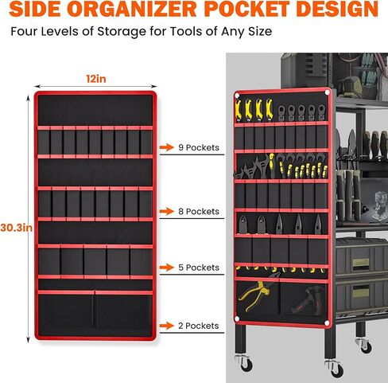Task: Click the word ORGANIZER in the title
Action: click(x=133, y=9)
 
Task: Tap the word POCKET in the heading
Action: click(x=246, y=9)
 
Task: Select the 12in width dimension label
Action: click(x=96, y=79)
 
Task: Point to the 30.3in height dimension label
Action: click(x=17, y=228)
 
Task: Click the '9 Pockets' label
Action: click(x=199, y=147)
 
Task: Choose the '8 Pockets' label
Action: click(x=199, y=212)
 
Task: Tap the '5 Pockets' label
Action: click(x=199, y=268)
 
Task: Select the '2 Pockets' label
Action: click(x=199, y=326)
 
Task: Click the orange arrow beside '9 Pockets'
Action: click(x=167, y=147)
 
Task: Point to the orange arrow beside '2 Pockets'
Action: click(x=167, y=326)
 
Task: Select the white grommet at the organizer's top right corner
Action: click(x=327, y=92)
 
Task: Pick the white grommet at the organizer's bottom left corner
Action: click(x=237, y=319)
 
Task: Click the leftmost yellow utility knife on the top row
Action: click(x=239, y=110)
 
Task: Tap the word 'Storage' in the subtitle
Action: click(x=122, y=32)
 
